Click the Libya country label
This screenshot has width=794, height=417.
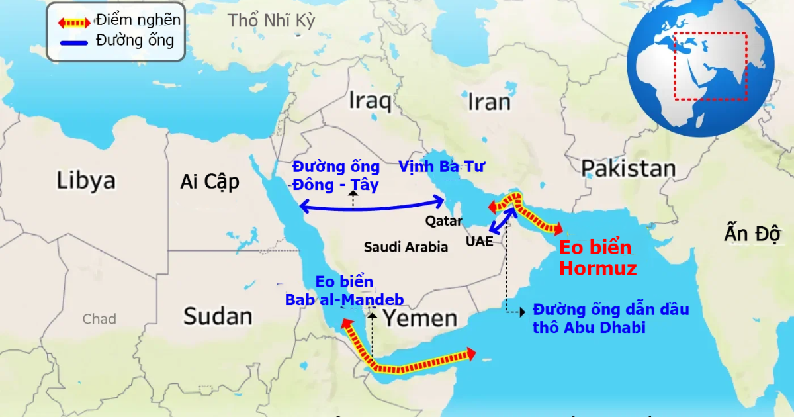coord(86,181)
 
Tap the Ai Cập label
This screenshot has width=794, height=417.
coord(210,182)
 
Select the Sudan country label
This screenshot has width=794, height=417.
coord(218,316)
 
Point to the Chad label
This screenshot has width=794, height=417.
coord(99,320)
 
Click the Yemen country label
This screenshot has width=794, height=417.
coord(421,318)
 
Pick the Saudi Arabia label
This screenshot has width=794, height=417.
coord(406,247)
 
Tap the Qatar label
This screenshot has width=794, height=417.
coord(444,220)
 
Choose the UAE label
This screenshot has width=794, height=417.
coord(479,241)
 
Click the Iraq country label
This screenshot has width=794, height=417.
coord(370,101)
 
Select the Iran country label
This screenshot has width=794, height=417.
coord(489,102)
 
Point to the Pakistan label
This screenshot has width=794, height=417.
coord(629,169)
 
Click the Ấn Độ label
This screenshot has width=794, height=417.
coord(753,234)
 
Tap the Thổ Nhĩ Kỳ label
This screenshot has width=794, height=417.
coord(272,21)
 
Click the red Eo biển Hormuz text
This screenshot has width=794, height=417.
coord(597,258)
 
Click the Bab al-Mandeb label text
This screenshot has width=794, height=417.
coord(344,291)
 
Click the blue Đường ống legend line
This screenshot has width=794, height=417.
coord(73,42)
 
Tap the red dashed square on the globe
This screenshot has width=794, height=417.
coord(711,66)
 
